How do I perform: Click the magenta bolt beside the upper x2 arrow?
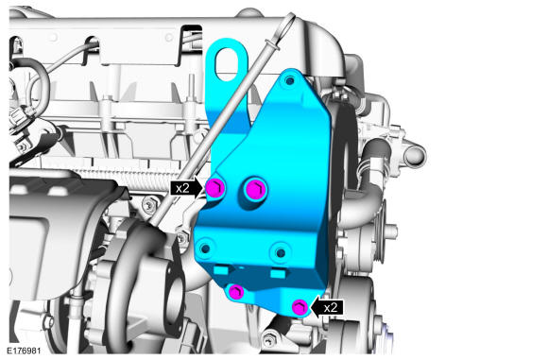(214, 188)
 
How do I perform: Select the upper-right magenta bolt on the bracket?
(255, 189)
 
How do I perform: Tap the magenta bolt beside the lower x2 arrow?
(300, 307)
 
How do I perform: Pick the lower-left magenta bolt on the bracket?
(236, 292)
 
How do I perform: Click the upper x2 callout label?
(182, 188)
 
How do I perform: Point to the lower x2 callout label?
(331, 308)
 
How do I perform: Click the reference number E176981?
(24, 351)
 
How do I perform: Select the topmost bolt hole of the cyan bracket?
(290, 81)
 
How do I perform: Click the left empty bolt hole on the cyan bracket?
(206, 249)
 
